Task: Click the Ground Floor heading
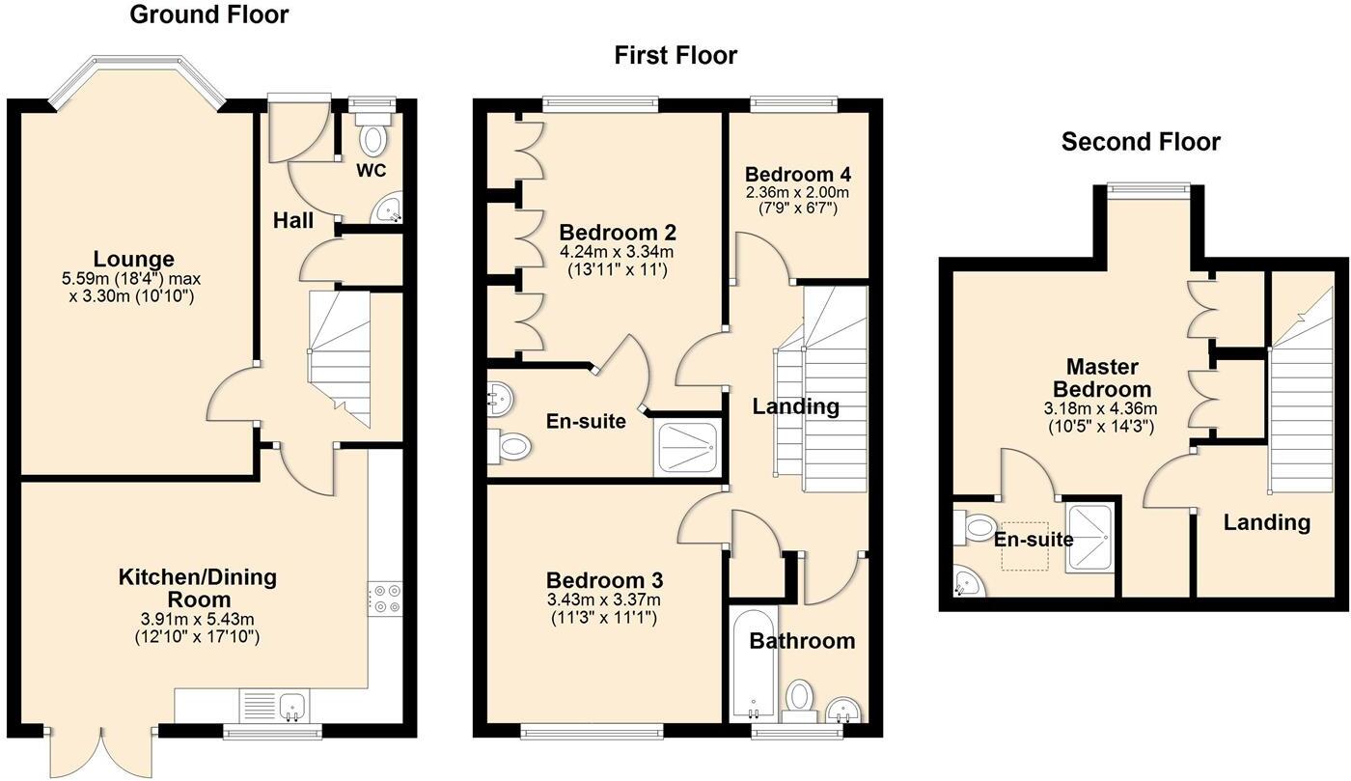click(208, 14)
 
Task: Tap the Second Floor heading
click(1141, 142)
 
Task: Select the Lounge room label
click(133, 259)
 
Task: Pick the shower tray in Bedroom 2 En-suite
click(686, 445)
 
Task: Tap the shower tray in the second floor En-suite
click(1091, 537)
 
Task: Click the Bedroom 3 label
click(604, 581)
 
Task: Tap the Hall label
click(292, 220)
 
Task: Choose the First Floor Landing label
click(795, 406)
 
